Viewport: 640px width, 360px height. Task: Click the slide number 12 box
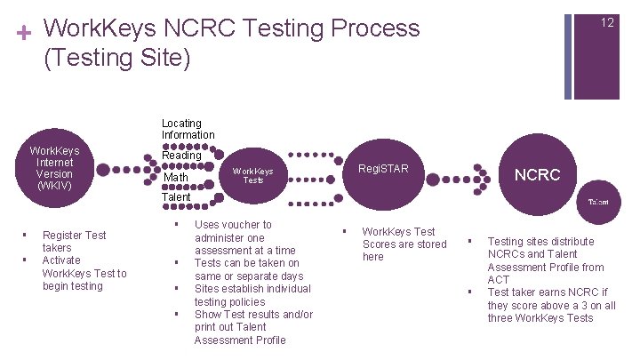[x=606, y=23]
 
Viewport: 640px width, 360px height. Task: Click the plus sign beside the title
[x=24, y=33]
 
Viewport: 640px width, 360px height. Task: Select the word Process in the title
[x=373, y=28]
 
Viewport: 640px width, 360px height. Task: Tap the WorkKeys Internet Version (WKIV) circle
[x=54, y=169]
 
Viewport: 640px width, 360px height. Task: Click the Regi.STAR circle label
[x=383, y=168]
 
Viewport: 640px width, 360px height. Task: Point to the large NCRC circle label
[x=538, y=175]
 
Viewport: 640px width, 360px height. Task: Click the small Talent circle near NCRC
[x=598, y=202]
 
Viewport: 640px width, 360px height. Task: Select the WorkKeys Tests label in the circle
[x=252, y=175]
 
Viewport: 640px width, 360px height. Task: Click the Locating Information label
[x=188, y=129]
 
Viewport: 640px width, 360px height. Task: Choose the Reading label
[x=181, y=155]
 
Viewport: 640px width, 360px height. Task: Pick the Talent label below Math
[x=176, y=196]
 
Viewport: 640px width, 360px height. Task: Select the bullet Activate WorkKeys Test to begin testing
[x=84, y=273]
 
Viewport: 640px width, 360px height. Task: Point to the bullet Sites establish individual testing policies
[x=252, y=295]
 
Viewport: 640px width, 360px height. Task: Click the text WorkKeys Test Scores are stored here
[x=404, y=244]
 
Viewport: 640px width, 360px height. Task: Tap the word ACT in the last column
[x=498, y=279]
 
